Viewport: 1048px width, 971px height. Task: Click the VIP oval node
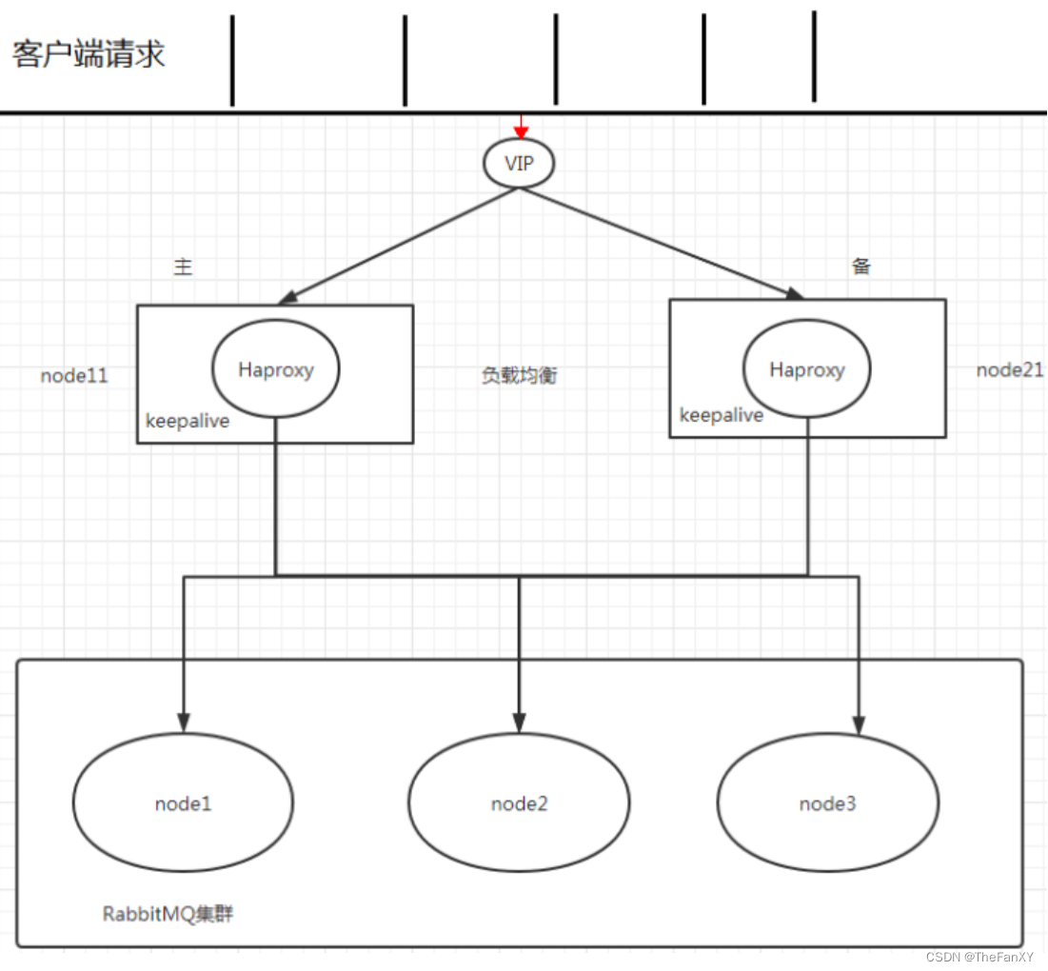point(519,163)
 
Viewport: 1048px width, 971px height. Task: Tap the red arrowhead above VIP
point(521,131)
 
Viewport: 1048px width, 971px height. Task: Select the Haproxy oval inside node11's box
point(275,369)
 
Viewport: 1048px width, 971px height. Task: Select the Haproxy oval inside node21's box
point(806,369)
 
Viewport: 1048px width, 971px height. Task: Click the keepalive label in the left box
point(188,421)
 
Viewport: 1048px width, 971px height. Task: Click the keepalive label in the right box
point(722,415)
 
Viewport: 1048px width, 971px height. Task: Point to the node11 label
point(74,376)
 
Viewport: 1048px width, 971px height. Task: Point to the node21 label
point(1010,370)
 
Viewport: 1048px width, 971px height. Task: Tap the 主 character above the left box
point(183,268)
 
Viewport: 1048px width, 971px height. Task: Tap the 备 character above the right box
point(860,267)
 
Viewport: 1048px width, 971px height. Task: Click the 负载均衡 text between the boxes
point(519,376)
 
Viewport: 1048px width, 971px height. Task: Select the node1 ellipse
point(183,803)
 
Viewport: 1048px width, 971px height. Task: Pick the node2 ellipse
point(519,803)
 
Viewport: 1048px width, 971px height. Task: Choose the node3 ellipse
point(827,803)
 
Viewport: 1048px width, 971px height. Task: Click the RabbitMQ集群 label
point(168,914)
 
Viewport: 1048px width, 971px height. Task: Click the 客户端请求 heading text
point(89,54)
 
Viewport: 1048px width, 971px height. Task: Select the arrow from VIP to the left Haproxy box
point(400,245)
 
